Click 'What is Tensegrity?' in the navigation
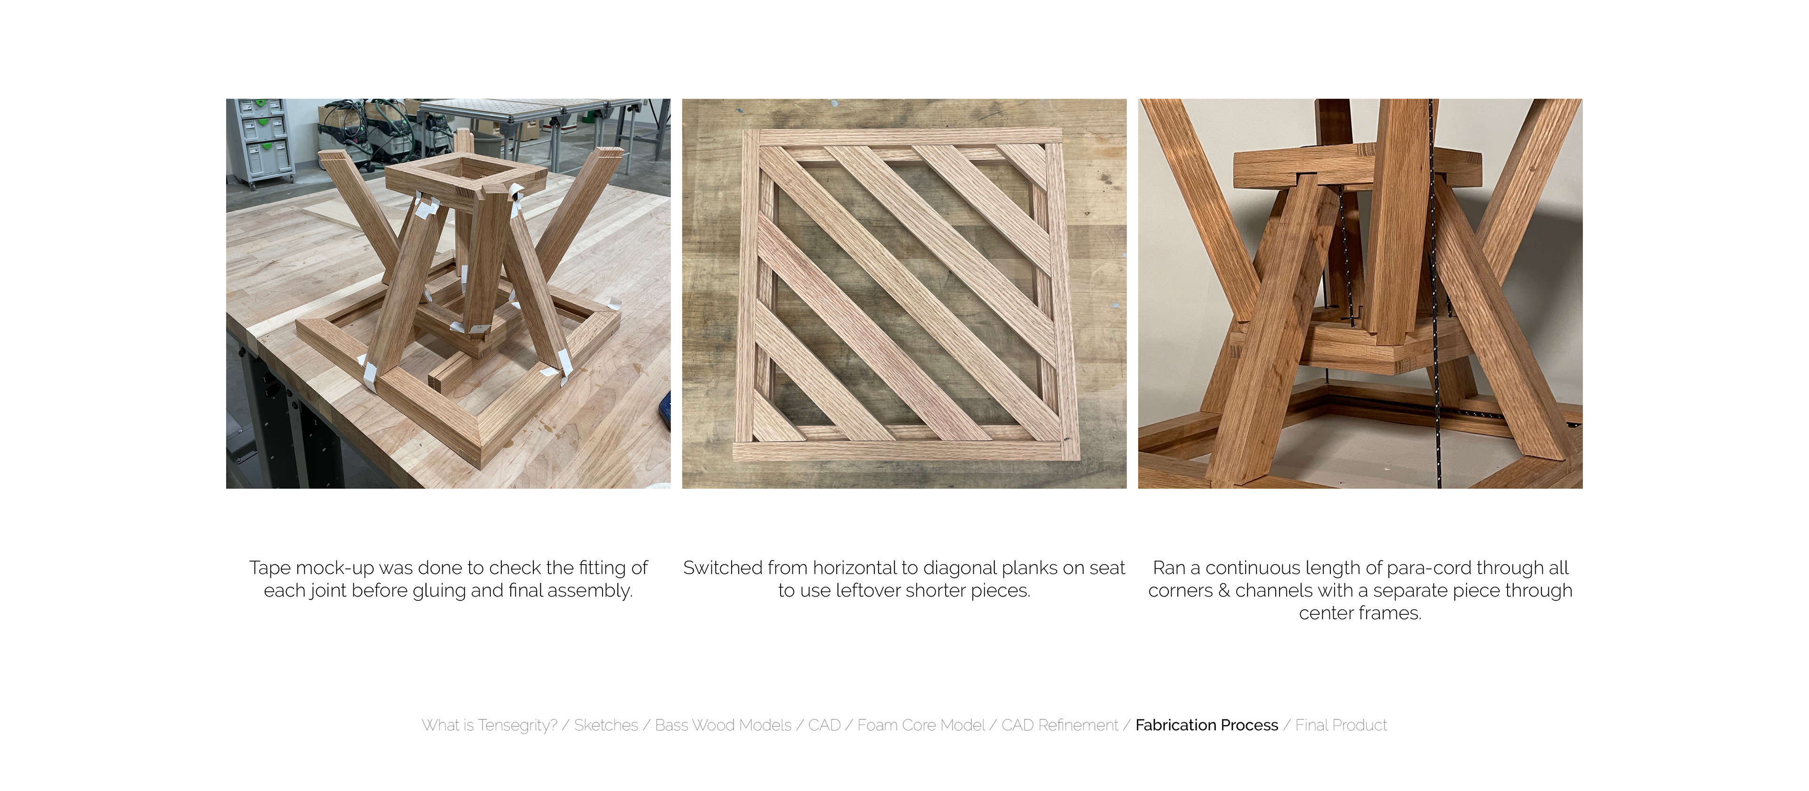489,725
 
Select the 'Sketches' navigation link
606,725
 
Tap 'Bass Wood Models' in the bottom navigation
723,725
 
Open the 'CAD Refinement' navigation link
1059,725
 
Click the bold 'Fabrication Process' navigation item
1206,725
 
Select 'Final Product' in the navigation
1341,725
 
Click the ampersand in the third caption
1223,591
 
